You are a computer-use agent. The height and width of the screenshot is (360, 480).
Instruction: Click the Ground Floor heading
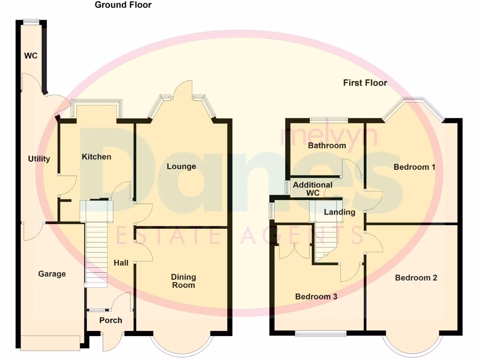[123, 5]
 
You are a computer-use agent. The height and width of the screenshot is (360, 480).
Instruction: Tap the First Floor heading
[365, 83]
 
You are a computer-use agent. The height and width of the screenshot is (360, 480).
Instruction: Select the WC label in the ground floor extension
[31, 56]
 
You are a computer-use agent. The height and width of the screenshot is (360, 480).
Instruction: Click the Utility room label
[39, 159]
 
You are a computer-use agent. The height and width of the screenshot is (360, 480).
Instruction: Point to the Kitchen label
[97, 157]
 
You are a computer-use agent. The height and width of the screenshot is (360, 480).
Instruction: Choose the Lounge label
[181, 166]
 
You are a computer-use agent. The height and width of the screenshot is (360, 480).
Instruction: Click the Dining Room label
[183, 281]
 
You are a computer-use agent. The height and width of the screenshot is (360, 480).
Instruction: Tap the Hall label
[121, 263]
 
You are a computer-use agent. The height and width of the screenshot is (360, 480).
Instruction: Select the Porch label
[111, 320]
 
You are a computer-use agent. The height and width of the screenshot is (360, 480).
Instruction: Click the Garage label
[52, 274]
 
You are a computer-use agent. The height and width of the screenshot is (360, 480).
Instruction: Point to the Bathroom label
[327, 145]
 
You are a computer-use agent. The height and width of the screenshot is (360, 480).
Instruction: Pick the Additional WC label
[313, 189]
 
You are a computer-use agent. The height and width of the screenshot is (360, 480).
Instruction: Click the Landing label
[340, 212]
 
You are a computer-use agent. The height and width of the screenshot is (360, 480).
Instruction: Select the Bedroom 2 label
[416, 278]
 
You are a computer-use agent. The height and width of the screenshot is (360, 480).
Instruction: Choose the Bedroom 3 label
[316, 297]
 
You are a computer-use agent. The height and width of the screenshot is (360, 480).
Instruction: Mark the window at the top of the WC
[32, 21]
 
